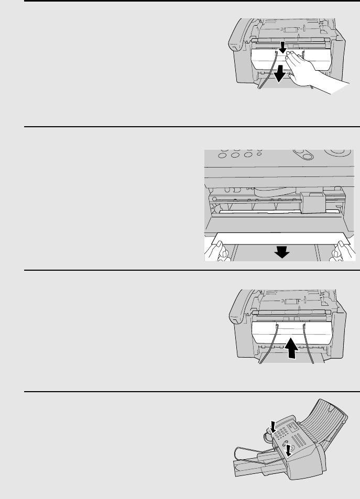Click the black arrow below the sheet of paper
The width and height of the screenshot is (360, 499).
[282, 252]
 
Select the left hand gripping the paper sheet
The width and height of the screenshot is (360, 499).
[220, 250]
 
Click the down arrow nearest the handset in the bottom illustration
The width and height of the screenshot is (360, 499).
[271, 425]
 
